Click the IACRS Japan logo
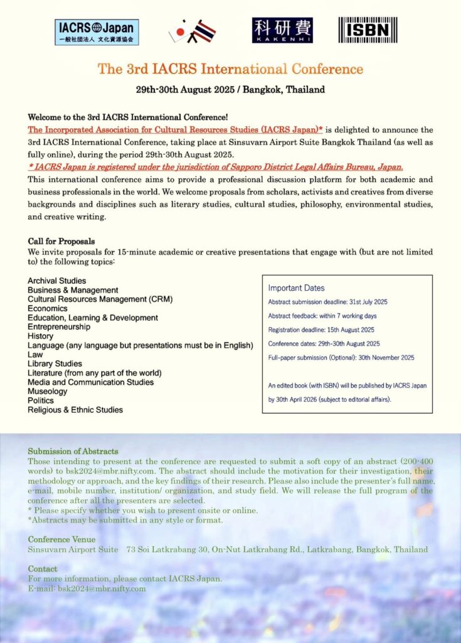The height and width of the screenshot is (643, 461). tap(97, 31)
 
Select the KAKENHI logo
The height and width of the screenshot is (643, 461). tap(282, 30)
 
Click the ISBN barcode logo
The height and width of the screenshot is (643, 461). tap(368, 30)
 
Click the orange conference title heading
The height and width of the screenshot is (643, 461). tap(230, 68)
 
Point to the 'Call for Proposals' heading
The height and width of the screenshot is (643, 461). tap(61, 241)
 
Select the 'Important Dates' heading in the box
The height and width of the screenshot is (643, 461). tap(296, 288)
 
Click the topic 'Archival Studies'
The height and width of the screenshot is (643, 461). tap(57, 281)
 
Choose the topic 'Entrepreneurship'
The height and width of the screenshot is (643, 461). tap(59, 327)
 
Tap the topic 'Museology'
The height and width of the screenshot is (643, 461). tap(48, 391)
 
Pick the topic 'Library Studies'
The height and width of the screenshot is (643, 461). tap(55, 364)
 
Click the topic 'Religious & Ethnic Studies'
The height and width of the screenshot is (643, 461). tap(75, 409)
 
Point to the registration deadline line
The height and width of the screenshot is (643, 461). tap(321, 330)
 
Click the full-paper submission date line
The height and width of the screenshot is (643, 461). tap(341, 357)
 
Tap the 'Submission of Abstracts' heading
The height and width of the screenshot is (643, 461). tap(73, 451)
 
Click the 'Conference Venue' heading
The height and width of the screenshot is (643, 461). tap(62, 539)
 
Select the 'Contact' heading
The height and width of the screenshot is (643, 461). tap(43, 569)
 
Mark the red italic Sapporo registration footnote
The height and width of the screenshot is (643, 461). tap(215, 166)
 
